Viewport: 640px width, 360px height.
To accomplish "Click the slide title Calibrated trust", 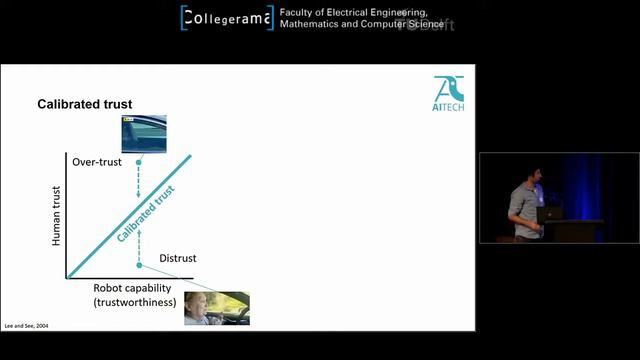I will click(85, 104).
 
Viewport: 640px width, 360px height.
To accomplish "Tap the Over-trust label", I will click(97, 161).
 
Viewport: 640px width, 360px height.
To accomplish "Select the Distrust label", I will click(178, 258).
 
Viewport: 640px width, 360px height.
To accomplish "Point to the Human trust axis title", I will click(58, 215).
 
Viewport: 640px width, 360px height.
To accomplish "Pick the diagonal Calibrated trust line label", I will click(146, 212).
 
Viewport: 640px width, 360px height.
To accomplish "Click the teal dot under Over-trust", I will click(139, 162).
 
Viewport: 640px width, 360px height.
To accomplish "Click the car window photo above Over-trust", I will click(142, 132).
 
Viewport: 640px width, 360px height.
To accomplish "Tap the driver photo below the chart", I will click(216, 308).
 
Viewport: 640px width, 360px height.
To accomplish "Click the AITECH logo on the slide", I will click(449, 94).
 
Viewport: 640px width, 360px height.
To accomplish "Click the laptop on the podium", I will click(551, 213).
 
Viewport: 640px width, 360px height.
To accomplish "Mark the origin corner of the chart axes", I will click(67, 277).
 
